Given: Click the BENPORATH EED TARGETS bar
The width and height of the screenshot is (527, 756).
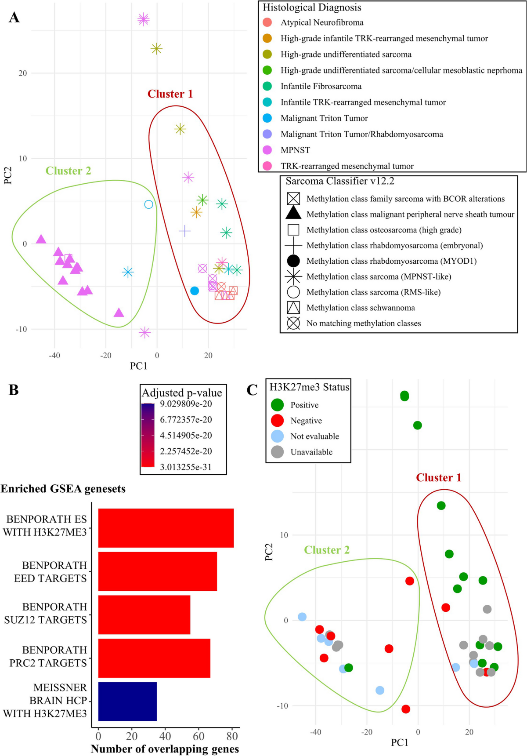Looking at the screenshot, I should (157, 571).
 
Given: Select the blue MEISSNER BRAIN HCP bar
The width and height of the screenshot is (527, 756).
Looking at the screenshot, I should (127, 701).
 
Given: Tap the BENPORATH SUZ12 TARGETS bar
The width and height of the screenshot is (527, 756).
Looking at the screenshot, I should (144, 614).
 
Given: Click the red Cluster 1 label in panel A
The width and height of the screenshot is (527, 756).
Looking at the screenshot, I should (170, 94).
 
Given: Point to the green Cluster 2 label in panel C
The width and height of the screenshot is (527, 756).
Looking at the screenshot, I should (327, 550).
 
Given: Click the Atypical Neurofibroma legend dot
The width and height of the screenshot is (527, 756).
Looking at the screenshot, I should (267, 22).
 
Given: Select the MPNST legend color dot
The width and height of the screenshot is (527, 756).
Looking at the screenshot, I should (267, 150).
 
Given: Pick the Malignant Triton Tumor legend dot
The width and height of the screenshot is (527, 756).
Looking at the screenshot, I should (267, 118).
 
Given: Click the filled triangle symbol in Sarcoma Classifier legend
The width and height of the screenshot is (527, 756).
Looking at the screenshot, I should (293, 214).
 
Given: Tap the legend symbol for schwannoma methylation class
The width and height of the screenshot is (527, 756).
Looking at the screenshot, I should (293, 308).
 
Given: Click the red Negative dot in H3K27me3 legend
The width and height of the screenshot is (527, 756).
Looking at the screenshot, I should (277, 421).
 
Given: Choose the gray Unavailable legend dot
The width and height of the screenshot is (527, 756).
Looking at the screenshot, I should (277, 452).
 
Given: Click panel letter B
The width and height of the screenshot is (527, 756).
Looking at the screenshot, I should (14, 390).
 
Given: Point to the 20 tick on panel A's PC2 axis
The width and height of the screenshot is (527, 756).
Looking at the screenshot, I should (23, 73).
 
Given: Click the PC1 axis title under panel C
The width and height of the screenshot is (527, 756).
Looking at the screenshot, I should (400, 742).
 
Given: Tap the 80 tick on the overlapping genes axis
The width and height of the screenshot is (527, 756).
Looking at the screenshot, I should (232, 736).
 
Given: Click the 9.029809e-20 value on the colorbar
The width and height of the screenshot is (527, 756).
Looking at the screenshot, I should (186, 404).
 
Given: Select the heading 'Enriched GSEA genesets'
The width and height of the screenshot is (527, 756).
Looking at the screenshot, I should (63, 489).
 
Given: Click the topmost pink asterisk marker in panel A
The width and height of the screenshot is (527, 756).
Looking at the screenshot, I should (144, 19).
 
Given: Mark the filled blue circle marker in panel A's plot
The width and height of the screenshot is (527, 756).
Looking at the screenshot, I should (195, 291).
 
